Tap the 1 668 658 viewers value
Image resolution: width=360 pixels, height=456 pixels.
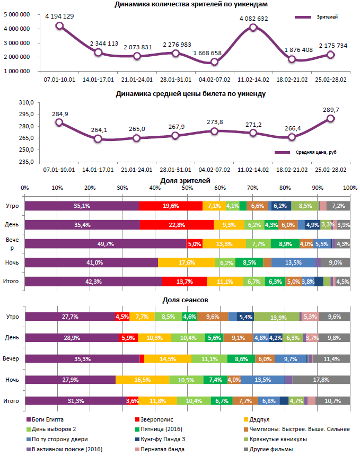click(x=214, y=53)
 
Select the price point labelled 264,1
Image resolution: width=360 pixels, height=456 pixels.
click(x=98, y=139)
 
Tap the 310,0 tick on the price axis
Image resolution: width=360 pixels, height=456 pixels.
click(x=27, y=102)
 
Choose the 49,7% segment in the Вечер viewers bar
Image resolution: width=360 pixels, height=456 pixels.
click(x=105, y=244)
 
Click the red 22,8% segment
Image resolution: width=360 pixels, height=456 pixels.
click(x=177, y=225)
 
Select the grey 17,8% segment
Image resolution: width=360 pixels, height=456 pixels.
click(x=321, y=380)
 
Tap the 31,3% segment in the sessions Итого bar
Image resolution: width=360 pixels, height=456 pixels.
click(x=75, y=401)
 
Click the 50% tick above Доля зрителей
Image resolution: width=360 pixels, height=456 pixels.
click(x=187, y=188)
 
